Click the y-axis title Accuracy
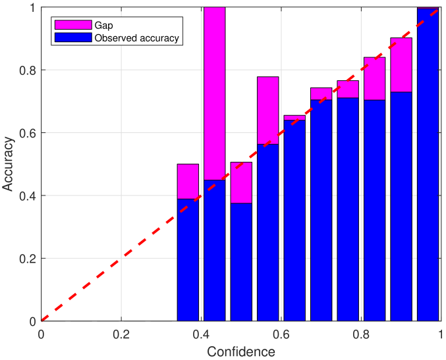click(9, 165)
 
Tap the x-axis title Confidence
click(240, 351)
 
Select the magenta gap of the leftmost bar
click(188, 181)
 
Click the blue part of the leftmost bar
click(188, 260)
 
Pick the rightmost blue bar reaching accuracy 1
click(428, 165)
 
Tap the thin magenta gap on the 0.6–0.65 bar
click(294, 118)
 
